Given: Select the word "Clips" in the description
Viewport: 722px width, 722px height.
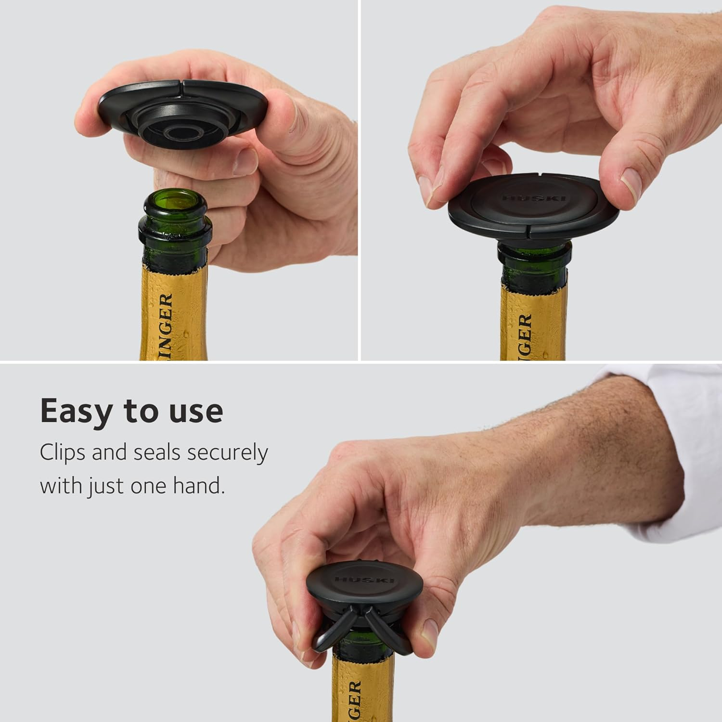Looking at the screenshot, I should click(62, 453).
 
